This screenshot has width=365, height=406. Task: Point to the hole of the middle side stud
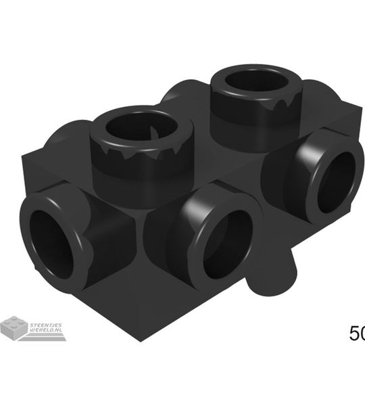click(226, 244)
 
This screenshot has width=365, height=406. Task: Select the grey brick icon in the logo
click(14, 328)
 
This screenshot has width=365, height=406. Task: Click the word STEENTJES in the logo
click(46, 325)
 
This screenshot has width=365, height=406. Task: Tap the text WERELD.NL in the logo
click(46, 331)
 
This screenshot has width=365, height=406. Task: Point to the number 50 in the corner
click(356, 334)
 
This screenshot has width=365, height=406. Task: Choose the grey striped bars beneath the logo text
click(46, 338)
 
